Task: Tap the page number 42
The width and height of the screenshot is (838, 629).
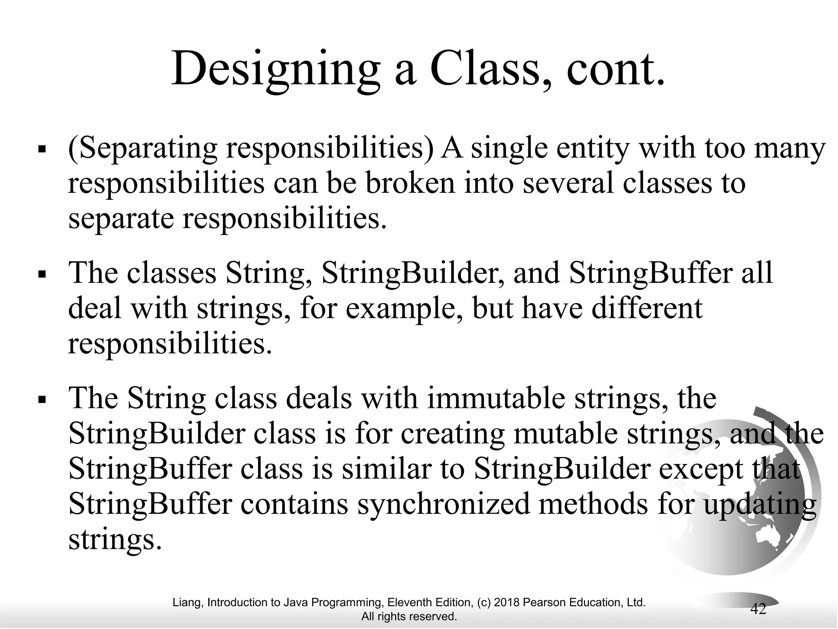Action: [x=758, y=609]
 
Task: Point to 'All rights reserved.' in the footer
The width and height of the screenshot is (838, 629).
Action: [x=409, y=616]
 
